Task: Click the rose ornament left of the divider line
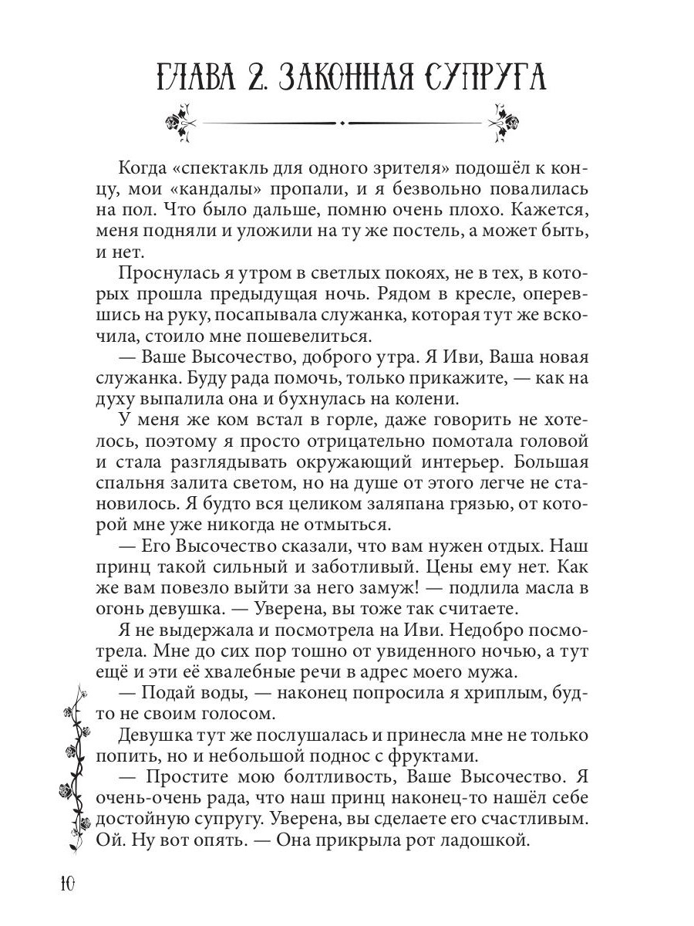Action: [x=180, y=122]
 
